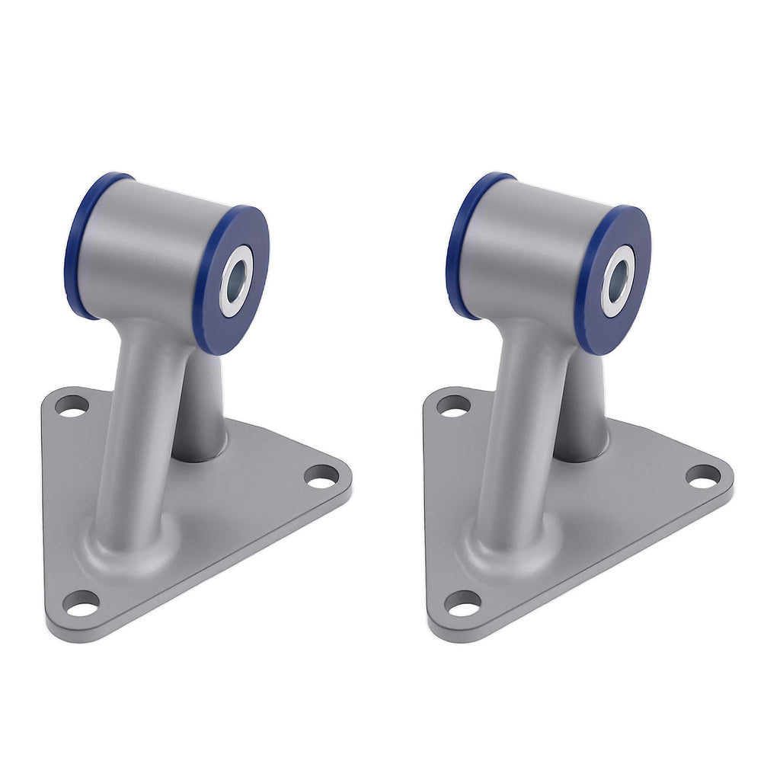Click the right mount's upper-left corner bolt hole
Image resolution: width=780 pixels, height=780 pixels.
(453, 406)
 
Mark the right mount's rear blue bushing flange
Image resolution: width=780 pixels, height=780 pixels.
(459, 244)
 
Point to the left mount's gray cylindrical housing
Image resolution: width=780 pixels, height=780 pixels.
(152, 244)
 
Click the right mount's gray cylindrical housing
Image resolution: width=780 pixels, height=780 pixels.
(533, 244)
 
